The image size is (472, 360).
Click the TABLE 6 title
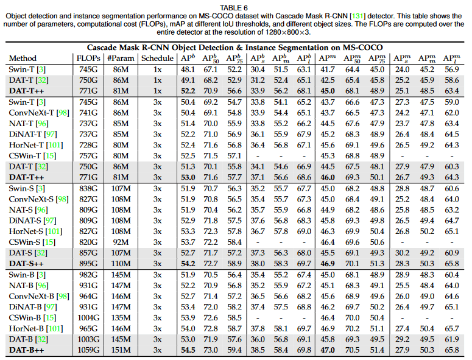coord(234,8)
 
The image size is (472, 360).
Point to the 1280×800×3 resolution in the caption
coord(287,32)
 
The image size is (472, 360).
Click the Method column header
coord(23,58)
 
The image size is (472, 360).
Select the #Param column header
coord(121,58)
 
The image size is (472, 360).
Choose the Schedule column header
coord(157,58)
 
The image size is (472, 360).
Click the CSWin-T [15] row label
coord(32,156)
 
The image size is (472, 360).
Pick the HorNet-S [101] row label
coord(35,231)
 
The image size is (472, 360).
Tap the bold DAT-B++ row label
coord(26,350)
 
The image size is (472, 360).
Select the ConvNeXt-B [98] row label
coord(39,296)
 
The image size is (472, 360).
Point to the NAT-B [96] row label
coord(29,285)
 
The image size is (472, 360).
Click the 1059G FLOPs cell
coord(88,350)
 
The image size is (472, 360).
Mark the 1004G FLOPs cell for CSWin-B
coord(88,318)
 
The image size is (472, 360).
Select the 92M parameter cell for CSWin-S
coord(121,242)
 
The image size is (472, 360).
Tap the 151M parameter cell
coord(121,350)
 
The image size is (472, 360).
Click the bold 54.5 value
coord(188,350)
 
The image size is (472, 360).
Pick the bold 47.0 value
coord(328,350)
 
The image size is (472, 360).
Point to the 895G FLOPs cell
coord(88,264)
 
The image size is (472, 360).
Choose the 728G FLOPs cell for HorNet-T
coord(88,145)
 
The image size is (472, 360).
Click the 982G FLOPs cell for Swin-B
coord(88,275)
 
